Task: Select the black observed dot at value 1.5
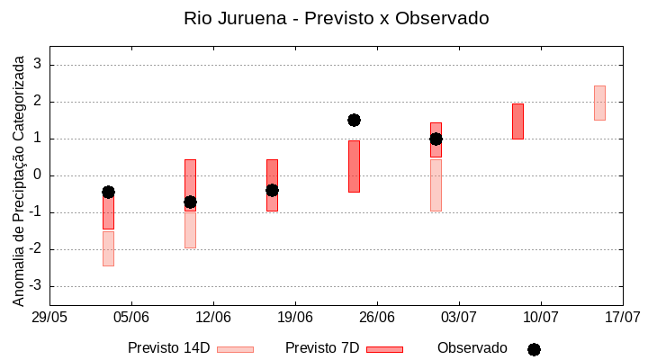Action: pos(354,120)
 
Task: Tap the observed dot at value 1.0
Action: pos(436,139)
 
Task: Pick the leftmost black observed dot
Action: pos(108,192)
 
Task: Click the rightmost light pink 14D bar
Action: pos(599,103)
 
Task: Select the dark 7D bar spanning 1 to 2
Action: pos(517,121)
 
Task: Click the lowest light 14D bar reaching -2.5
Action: pos(108,248)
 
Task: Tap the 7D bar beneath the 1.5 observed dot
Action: pos(354,166)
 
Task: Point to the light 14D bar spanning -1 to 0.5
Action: pos(436,185)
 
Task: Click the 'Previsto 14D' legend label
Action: pos(168,348)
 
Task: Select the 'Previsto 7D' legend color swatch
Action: pos(384,349)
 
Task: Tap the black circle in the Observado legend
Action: pos(534,349)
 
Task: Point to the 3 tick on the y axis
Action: pos(38,65)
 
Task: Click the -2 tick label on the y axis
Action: pos(35,249)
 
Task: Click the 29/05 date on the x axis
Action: pos(49,318)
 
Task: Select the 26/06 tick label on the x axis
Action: pos(377,318)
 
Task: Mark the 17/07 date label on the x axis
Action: pos(622,318)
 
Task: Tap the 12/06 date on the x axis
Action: pos(213,318)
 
